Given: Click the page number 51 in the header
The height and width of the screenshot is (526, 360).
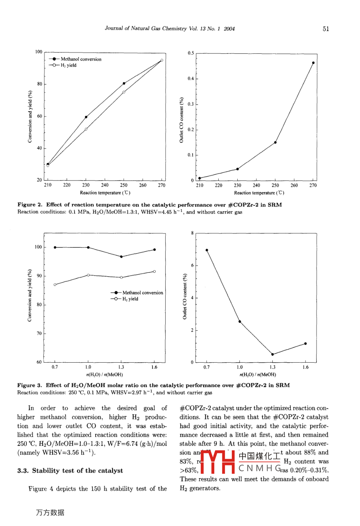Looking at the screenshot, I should (326, 29).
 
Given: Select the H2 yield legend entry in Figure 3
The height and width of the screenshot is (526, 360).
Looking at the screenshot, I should (127, 299).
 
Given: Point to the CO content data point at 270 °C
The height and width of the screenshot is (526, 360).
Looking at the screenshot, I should (313, 63).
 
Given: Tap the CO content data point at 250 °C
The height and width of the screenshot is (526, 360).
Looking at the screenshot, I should (275, 142).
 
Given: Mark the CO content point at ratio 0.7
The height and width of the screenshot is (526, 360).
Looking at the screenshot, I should (207, 250).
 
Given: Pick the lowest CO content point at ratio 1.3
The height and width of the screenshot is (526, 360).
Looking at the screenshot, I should (272, 354).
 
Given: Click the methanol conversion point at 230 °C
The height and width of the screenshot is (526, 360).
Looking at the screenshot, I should (86, 117).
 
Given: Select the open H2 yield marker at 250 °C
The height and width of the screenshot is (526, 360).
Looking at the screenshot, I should (124, 92).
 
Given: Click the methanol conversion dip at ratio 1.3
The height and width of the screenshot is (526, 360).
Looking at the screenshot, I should (121, 257).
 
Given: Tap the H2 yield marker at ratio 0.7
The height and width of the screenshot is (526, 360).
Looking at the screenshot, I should (55, 285).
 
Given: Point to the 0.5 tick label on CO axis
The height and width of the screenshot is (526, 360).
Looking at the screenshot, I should (191, 53).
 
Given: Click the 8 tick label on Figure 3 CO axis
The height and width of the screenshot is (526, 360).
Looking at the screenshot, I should (192, 233).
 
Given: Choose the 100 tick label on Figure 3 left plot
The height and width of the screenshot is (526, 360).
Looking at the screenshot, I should (38, 247).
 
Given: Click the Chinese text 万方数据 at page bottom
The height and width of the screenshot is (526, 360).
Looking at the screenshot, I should (50, 513).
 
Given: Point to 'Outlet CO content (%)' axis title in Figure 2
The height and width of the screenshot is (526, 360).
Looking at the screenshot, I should (181, 120).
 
